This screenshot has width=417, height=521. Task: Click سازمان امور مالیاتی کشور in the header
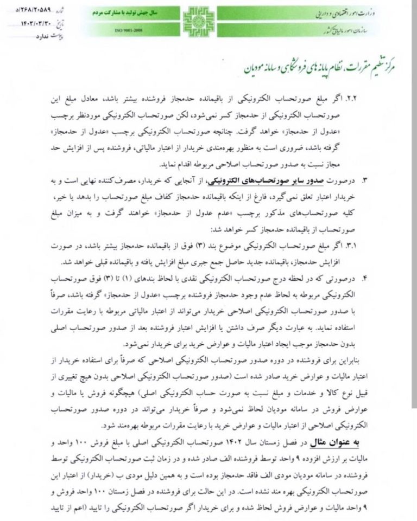tap(354, 34)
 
